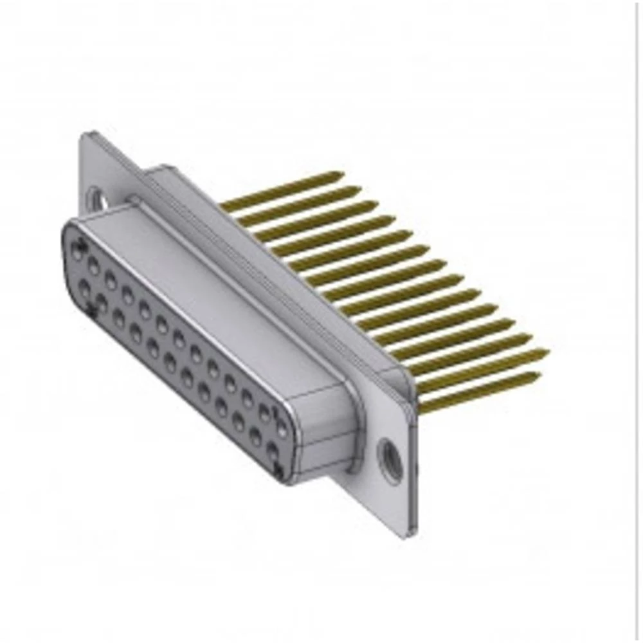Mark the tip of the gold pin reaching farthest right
(547, 351)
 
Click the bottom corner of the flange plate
(403, 536)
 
